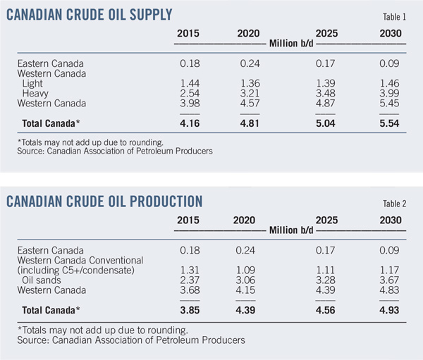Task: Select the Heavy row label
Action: point(35,94)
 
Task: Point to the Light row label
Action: point(32,84)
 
